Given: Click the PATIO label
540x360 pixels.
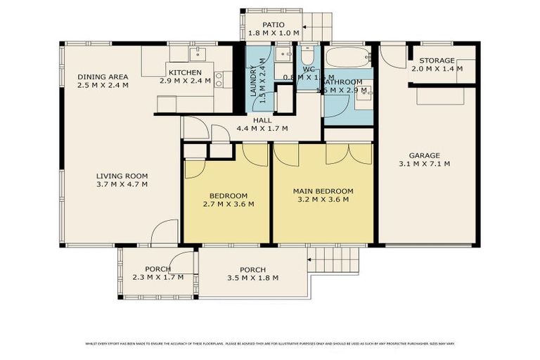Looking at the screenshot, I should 274,24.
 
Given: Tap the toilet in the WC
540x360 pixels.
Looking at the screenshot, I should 308,56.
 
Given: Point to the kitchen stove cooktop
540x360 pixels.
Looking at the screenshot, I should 219,79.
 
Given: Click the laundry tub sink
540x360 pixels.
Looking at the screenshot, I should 283,54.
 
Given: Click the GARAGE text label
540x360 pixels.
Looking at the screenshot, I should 424,155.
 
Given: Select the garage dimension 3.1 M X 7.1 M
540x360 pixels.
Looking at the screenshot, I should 424,164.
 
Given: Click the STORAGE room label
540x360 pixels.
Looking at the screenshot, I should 436,60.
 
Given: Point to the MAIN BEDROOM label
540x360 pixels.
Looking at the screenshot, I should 323,191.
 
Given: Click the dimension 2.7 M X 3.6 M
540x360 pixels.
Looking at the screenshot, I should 229,204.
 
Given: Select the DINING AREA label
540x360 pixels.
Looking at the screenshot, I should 103,77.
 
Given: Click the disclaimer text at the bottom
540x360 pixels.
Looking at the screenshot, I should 270,343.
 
